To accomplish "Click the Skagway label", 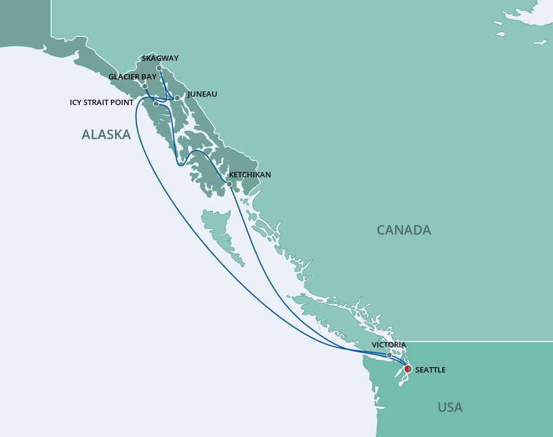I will [160, 59].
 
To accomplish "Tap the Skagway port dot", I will [159, 68].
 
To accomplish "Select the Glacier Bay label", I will [132, 77].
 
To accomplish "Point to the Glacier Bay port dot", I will [145, 86].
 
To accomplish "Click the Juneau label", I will [202, 94].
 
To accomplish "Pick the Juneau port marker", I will [177, 97].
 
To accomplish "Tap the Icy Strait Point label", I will [101, 103].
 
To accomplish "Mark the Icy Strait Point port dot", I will [156, 104].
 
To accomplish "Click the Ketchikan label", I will [250, 175].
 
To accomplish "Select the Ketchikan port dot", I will [229, 184].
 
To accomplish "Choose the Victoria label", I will [389, 345].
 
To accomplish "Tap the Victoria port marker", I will [390, 355].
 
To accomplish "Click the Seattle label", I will [430, 370].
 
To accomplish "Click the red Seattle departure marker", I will [408, 369].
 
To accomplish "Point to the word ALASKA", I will [106, 135].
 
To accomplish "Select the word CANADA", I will [403, 230].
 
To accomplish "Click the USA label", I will [450, 408].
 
